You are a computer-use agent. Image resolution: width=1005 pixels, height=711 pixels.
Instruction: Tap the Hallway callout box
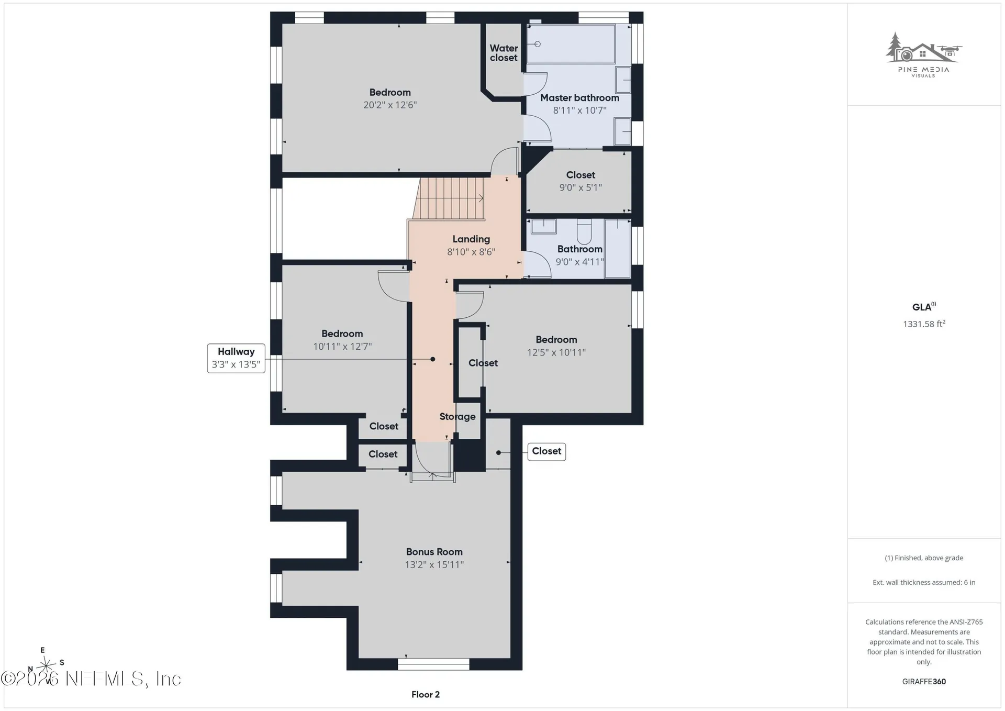coord(236,358)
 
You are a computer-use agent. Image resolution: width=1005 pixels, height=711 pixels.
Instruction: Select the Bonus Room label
coord(434,552)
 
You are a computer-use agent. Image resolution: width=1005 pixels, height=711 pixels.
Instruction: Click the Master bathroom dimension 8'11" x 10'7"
coord(580,110)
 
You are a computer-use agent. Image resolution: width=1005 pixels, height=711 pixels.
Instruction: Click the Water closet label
coord(504,53)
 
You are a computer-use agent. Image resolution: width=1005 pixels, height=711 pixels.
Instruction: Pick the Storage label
coord(457,417)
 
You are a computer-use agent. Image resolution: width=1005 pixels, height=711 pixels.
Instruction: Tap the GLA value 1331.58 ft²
coord(924,324)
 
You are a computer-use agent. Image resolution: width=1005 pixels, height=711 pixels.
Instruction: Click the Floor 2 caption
coord(426,695)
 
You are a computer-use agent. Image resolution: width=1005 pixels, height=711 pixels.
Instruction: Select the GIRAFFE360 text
coord(924,682)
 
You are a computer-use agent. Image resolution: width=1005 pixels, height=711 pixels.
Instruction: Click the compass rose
coord(47,666)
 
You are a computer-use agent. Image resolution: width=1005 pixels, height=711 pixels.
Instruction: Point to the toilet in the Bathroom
coord(584,231)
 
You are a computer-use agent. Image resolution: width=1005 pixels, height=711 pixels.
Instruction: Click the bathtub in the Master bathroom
coord(571,44)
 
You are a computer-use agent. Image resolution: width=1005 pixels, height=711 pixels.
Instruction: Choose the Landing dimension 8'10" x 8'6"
coord(471,252)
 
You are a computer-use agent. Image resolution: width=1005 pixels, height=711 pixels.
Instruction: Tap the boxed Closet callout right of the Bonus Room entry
coord(546,451)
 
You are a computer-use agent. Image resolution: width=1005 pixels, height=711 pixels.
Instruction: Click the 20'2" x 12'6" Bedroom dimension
coord(390,105)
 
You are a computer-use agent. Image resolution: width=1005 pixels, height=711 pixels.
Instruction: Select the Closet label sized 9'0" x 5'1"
coord(580,175)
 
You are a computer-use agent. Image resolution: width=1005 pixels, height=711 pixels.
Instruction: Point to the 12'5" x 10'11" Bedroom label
coord(556,340)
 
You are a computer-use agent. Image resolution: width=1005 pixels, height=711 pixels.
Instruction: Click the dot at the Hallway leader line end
coord(433,359)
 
